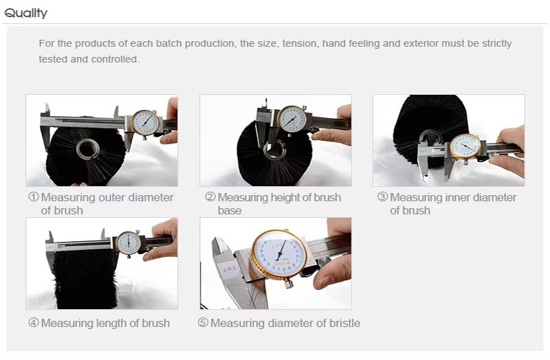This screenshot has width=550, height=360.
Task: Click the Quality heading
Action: (x=25, y=13)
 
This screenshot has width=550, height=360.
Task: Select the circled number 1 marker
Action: (x=33, y=197)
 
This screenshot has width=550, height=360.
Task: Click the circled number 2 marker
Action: (x=210, y=197)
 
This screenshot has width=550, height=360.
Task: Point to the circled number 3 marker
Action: (x=383, y=197)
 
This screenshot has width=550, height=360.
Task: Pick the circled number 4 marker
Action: (x=33, y=322)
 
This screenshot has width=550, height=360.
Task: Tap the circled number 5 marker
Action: (x=203, y=322)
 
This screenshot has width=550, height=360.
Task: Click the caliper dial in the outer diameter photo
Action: (x=145, y=123)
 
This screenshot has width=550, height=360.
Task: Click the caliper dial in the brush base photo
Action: (x=291, y=119)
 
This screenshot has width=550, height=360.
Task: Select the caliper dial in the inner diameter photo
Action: (x=465, y=146)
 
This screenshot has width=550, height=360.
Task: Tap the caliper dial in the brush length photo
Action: (x=129, y=243)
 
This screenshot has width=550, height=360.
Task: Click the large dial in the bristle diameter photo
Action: (x=279, y=254)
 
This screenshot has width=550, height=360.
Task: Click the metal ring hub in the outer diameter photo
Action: (x=87, y=149)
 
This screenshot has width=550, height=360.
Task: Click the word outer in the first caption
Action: (x=111, y=197)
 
